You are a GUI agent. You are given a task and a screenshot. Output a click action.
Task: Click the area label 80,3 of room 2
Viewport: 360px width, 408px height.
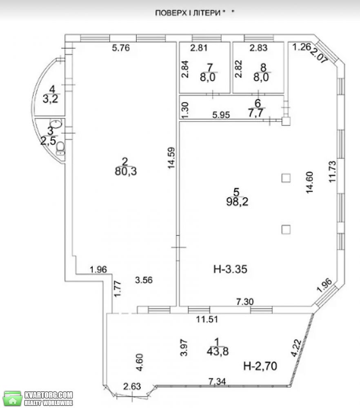tap(126, 171)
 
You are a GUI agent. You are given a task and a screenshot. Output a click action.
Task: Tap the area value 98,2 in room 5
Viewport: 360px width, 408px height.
tap(237, 202)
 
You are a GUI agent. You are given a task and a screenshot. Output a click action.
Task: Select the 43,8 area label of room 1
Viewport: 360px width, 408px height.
tap(218, 352)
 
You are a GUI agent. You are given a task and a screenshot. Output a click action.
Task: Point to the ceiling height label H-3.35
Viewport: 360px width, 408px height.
tap(230, 269)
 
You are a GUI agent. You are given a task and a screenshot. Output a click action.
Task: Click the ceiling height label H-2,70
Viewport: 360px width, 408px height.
tap(260, 366)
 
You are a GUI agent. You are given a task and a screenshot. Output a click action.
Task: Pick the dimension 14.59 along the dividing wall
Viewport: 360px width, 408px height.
tap(171, 157)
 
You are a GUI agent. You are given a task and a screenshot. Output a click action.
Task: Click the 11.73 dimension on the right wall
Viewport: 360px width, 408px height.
tap(332, 171)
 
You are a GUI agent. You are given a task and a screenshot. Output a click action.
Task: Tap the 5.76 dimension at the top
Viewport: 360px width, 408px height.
tap(121, 48)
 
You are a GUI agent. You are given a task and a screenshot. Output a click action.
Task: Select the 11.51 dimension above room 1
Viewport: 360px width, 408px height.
tap(207, 319)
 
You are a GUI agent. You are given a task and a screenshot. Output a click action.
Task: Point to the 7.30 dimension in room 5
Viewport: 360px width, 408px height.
tap(244, 302)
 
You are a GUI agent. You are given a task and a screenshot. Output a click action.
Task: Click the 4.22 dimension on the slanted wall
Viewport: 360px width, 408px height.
tap(297, 348)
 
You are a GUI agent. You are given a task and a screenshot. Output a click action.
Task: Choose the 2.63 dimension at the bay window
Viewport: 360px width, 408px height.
tap(132, 386)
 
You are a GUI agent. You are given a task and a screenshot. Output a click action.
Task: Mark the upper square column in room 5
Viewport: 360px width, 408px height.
tap(286, 178)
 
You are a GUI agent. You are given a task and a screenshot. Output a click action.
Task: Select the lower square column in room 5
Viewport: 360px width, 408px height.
tap(286, 229)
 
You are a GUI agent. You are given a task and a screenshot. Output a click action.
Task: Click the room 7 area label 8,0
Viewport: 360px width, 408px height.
tap(208, 77)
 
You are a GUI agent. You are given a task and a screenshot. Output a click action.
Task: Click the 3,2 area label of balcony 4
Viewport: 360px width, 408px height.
tap(50, 99)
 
